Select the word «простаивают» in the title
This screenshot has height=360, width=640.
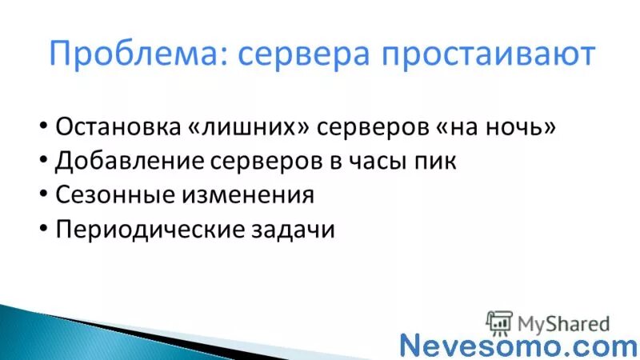pos(487,54)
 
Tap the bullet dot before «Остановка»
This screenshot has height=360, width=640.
pos(42,129)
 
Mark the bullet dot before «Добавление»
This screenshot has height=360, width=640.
pos(42,162)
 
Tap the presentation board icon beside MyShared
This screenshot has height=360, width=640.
pos(499,322)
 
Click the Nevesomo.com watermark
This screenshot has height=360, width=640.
pos(518,346)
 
